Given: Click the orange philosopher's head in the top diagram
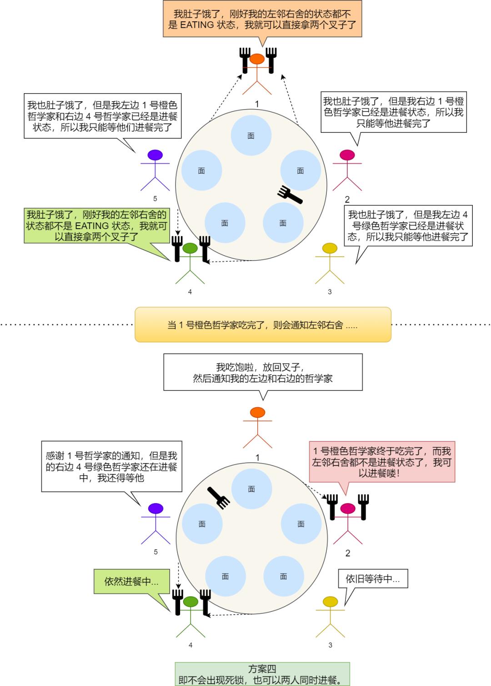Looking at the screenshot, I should tap(257, 59).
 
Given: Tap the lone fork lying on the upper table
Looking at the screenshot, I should tap(290, 195).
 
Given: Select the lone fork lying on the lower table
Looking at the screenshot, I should tap(219, 497).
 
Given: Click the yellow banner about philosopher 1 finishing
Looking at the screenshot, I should tap(263, 325).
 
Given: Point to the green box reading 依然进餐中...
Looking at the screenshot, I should tap(131, 581).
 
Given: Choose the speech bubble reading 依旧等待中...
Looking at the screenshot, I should tap(373, 579).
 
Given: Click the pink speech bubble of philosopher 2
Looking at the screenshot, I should tap(382, 462).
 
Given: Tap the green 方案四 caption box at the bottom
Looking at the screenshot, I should tap(262, 674).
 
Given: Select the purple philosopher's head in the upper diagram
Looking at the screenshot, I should tap(155, 155).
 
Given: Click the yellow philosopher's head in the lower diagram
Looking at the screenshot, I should tap(330, 602).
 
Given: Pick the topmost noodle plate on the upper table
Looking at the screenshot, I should tap(251, 135).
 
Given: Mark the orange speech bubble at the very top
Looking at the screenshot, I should tap(262, 19).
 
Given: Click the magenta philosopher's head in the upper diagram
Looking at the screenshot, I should tap(347, 155).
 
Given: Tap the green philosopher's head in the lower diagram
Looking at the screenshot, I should tap(190, 602).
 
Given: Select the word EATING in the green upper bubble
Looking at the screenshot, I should tap(92, 226).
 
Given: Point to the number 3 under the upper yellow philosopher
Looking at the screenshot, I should tap(330, 292).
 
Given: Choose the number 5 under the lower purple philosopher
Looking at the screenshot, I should tap(155, 552).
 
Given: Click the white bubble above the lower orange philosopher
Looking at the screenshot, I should tap(263, 372).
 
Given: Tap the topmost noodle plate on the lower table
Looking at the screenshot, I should tap(251, 489).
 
